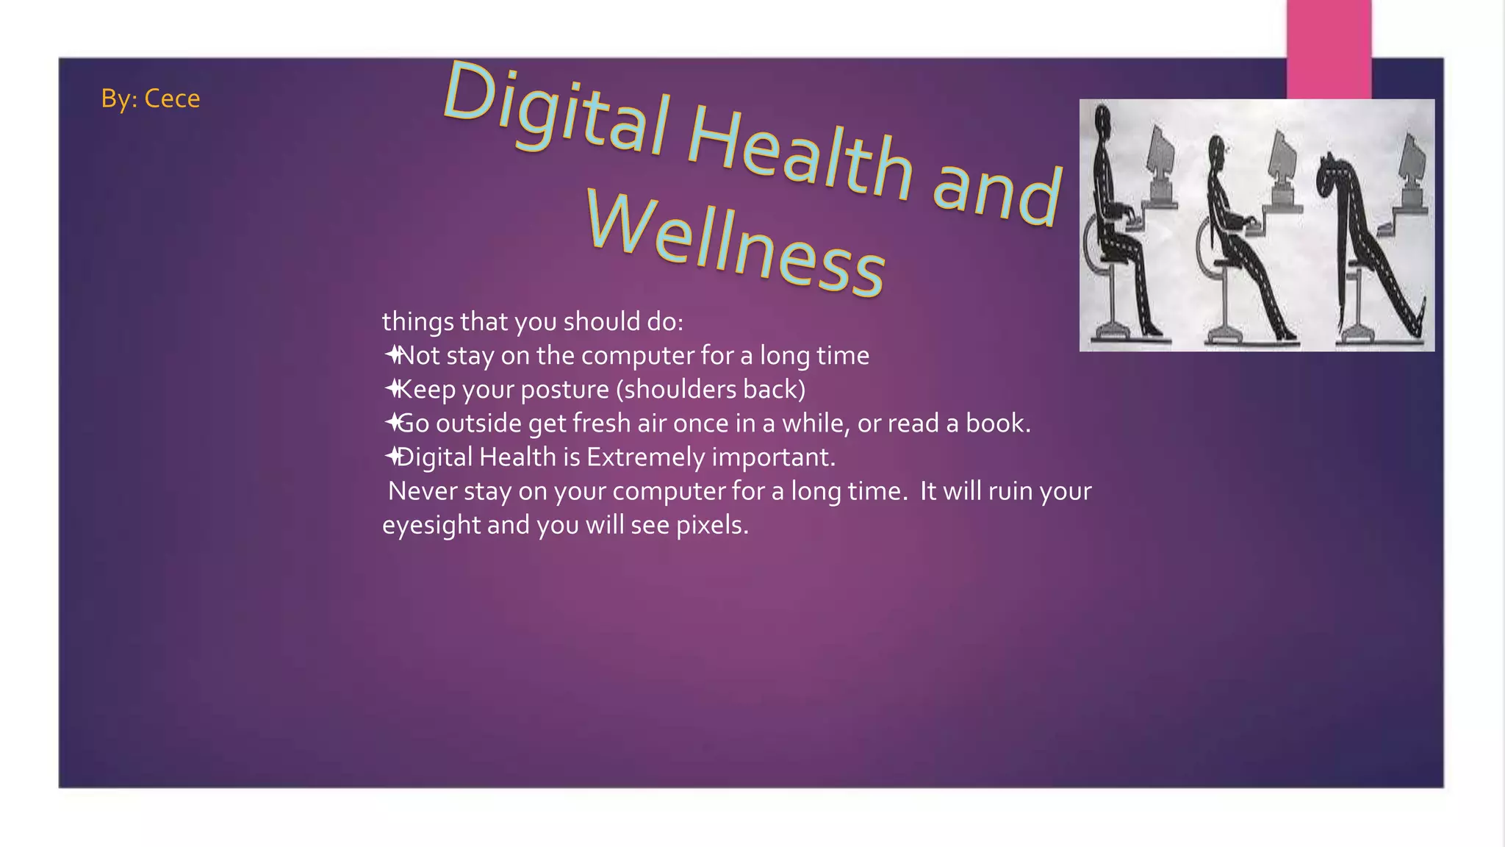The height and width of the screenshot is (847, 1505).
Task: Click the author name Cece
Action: (172, 99)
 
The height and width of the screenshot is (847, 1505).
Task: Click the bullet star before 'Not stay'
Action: (392, 355)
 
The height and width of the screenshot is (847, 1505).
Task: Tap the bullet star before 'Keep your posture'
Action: (392, 389)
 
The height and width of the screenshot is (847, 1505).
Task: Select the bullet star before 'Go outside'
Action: (392, 423)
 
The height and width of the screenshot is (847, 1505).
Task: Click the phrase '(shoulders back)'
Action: (711, 389)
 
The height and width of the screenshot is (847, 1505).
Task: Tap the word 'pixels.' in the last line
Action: (711, 525)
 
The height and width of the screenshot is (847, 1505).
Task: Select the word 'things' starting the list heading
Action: (417, 322)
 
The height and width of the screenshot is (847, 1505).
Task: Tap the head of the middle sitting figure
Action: (1218, 151)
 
